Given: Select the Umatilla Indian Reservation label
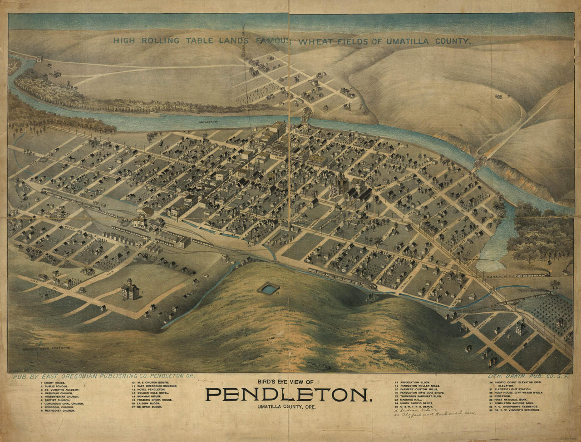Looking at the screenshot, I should (x=47, y=348).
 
